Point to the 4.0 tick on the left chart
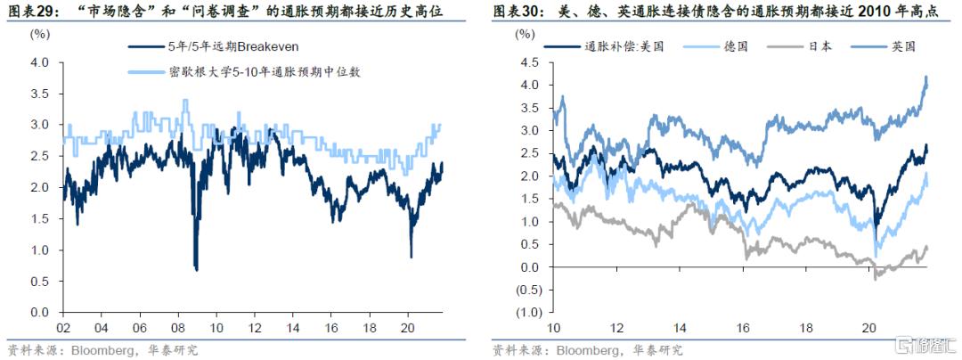(x=39, y=63)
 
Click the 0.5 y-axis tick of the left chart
(x=39, y=282)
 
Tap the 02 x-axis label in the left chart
(x=62, y=326)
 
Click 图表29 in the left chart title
(x=28, y=11)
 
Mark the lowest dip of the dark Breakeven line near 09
(x=196, y=269)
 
